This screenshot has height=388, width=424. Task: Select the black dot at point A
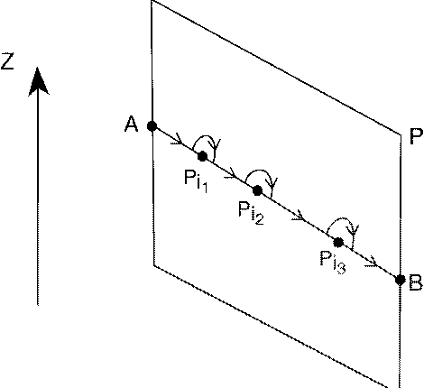(x=152, y=125)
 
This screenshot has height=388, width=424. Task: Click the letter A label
(x=132, y=125)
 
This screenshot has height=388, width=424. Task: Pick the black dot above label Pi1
(x=203, y=156)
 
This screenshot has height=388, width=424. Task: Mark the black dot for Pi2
(x=258, y=190)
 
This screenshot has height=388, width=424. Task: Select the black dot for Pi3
(x=337, y=242)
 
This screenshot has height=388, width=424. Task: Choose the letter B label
(x=416, y=285)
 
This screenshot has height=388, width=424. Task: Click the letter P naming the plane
(x=416, y=138)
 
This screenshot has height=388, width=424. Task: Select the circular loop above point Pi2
(x=261, y=175)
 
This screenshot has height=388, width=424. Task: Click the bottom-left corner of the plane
(x=152, y=265)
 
